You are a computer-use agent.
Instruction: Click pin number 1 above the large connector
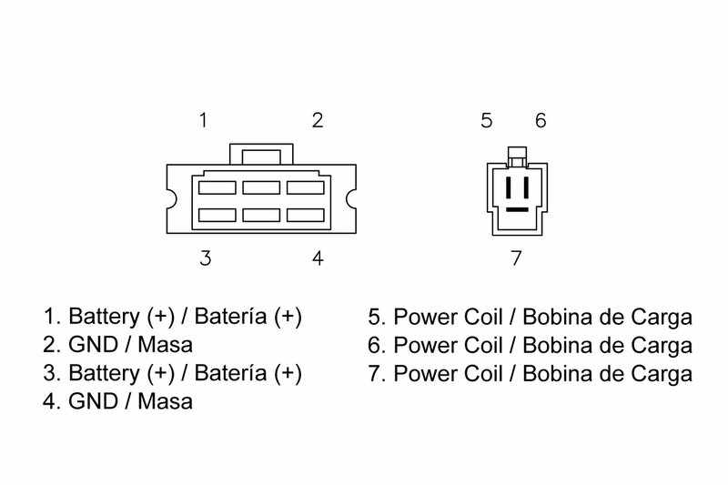[206, 119]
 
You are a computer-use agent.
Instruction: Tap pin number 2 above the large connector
[317, 119]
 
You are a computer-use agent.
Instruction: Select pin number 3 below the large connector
[206, 258]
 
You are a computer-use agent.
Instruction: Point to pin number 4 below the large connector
[317, 258]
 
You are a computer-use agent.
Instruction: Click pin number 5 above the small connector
[486, 119]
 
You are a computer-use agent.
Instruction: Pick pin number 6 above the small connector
[540, 119]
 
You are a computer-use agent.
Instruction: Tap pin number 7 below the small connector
[516, 258]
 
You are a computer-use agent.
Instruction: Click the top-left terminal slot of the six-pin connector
[217, 188]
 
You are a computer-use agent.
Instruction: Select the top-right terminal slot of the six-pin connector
[305, 188]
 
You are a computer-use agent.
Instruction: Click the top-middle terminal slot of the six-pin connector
[260, 188]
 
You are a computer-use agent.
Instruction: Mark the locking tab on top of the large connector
[260, 152]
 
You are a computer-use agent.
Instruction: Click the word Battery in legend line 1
[100, 318]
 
